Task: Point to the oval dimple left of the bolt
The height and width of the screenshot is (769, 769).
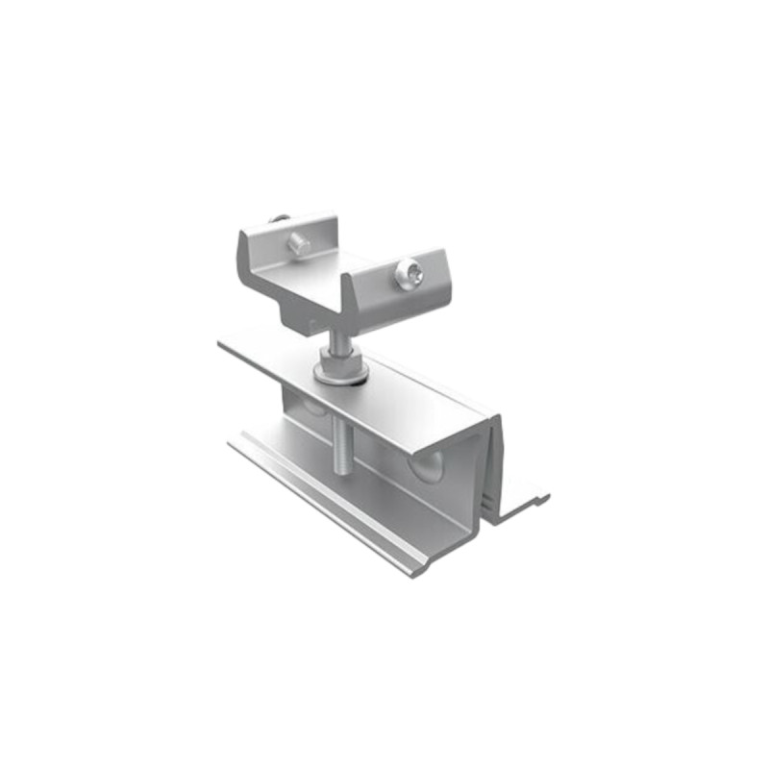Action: [310, 408]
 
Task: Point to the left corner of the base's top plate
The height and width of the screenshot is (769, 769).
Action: [223, 344]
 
